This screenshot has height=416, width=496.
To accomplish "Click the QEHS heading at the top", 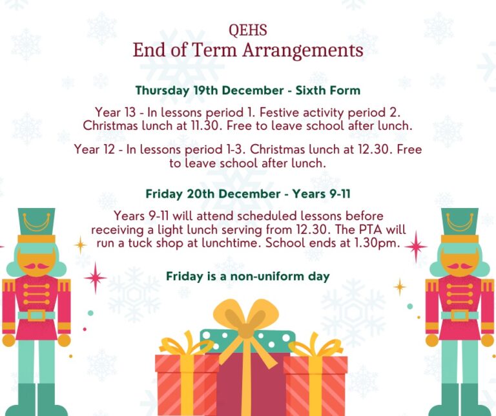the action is click(248, 30).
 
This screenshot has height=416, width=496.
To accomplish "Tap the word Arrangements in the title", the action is click(303, 50).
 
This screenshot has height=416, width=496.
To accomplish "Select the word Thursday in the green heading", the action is click(162, 90).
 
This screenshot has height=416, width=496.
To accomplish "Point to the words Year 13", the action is click(115, 112).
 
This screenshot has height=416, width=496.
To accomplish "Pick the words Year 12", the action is click(94, 149).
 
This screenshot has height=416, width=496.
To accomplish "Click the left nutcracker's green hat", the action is click(36, 222).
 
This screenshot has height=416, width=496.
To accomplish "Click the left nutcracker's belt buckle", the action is click(36, 315).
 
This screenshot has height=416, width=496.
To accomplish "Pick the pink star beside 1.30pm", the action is click(416, 247).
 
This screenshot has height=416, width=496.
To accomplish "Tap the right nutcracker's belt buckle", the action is click(459, 315).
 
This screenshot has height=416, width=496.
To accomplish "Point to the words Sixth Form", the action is click(327, 90).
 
